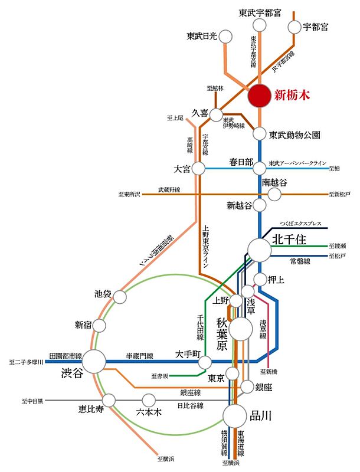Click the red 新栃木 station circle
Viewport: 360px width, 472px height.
pyautogui.click(x=260, y=96)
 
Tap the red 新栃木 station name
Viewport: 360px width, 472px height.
pyautogui.click(x=293, y=95)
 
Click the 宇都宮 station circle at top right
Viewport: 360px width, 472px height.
pyautogui.click(x=294, y=27)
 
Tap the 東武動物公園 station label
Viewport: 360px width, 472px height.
pyautogui.click(x=295, y=135)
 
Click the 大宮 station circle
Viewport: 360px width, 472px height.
pyautogui.click(x=198, y=168)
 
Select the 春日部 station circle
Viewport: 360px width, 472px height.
pyautogui.click(x=260, y=168)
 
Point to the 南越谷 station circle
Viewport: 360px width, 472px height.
pyautogui.click(x=274, y=194)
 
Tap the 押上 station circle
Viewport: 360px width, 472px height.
pyautogui.click(x=260, y=279)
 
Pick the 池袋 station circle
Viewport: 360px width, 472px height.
pyautogui.click(x=120, y=298)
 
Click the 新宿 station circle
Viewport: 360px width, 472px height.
pyautogui.click(x=99, y=325)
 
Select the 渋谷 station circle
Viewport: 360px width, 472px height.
pyautogui.click(x=94, y=359)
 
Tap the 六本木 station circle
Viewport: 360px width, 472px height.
pyautogui.click(x=149, y=400)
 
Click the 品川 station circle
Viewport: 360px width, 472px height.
pyautogui.click(x=234, y=415)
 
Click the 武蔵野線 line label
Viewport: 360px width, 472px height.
pyautogui.click(x=169, y=189)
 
